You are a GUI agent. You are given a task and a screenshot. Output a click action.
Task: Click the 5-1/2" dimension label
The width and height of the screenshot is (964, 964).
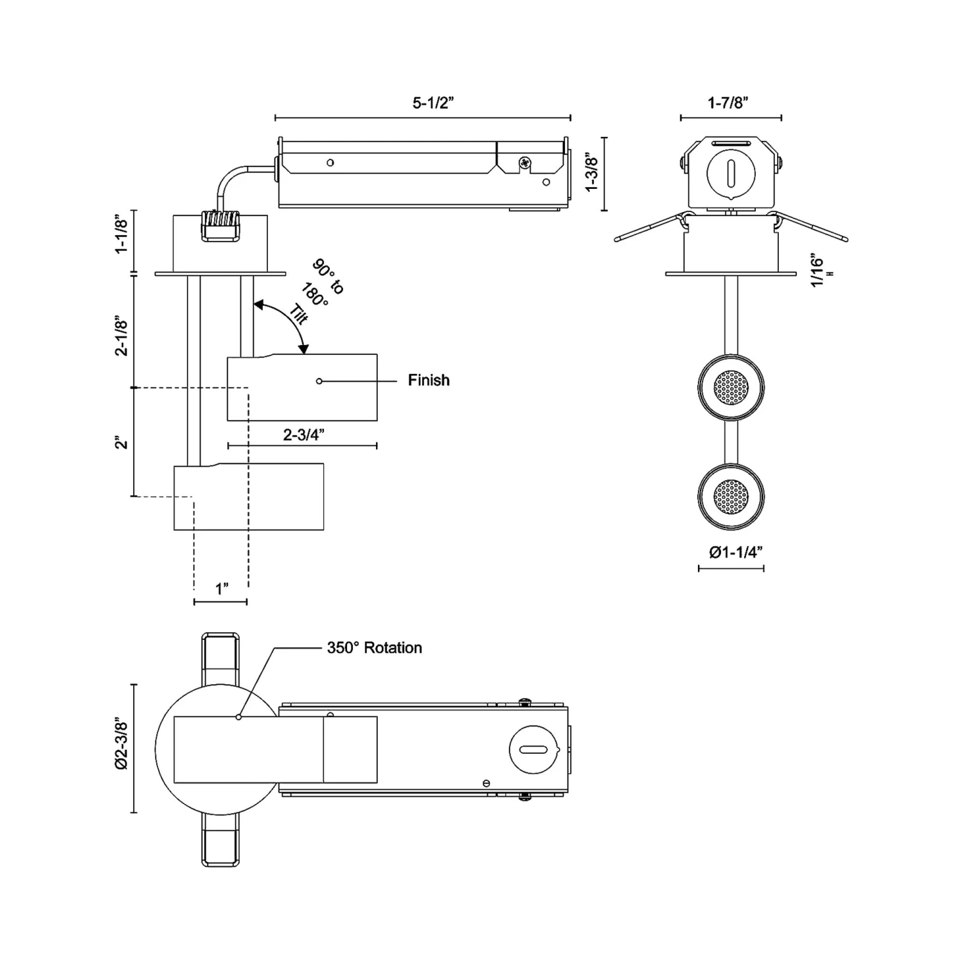pyautogui.click(x=433, y=103)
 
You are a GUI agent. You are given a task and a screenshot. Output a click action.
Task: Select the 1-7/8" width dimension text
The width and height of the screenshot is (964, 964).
pyautogui.click(x=729, y=103)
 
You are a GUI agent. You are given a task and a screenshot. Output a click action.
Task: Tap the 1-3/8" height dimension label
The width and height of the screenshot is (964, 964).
pyautogui.click(x=592, y=174)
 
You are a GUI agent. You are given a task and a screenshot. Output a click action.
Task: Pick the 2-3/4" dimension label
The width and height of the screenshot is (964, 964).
pyautogui.click(x=303, y=435)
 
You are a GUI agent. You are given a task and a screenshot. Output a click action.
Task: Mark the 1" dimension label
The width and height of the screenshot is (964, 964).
pyautogui.click(x=222, y=589)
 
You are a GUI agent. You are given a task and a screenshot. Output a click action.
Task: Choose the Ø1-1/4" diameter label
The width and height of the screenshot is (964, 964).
pyautogui.click(x=735, y=552)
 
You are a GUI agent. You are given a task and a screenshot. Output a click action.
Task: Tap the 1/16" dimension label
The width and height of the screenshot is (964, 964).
pyautogui.click(x=817, y=272)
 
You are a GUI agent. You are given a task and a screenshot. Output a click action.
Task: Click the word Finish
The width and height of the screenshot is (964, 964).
pyautogui.click(x=429, y=380)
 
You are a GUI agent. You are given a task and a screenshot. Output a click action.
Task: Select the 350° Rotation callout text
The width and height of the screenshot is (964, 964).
pyautogui.click(x=374, y=648)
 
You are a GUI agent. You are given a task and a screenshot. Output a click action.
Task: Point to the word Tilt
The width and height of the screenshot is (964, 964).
pyautogui.click(x=298, y=314)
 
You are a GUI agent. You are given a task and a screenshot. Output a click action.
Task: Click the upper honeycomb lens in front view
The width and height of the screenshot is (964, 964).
pyautogui.click(x=731, y=388)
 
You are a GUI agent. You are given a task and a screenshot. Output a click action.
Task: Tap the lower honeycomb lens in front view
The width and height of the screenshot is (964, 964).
pyautogui.click(x=731, y=496)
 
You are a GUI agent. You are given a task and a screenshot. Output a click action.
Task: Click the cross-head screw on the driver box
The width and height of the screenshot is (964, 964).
pyautogui.click(x=525, y=163)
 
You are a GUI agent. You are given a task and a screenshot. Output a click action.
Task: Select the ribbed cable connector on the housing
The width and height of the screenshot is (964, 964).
pyautogui.click(x=220, y=226)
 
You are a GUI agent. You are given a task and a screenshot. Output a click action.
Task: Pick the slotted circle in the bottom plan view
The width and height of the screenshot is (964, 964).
pyautogui.click(x=533, y=749)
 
